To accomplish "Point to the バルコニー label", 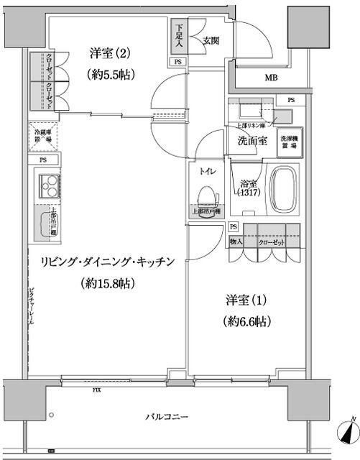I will click(x=162, y=417).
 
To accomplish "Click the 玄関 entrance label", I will click(x=211, y=40).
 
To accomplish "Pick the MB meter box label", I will click(x=272, y=78).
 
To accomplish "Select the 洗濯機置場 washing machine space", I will click(x=290, y=141).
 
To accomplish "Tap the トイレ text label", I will click(x=207, y=171).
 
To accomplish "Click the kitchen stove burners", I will click(x=49, y=188).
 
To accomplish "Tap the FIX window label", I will click(x=96, y=391).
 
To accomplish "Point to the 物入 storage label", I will click(x=236, y=241).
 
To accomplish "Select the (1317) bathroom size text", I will click(x=249, y=193).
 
